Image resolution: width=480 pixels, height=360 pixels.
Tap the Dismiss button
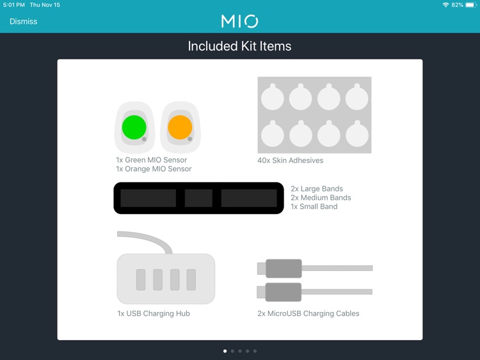click(x=23, y=21)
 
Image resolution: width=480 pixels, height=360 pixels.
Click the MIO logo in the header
click(x=240, y=21)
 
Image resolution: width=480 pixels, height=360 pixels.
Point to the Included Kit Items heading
click(x=239, y=46)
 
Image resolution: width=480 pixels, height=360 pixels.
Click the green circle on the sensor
click(x=134, y=127)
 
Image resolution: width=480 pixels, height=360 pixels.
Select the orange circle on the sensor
click(x=180, y=127)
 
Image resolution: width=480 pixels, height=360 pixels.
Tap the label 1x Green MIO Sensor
click(x=151, y=160)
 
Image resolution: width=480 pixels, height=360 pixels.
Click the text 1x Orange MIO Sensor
click(x=154, y=169)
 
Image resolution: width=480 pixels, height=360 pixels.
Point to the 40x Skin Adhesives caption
click(x=290, y=160)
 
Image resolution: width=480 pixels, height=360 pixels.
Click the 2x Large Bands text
click(x=317, y=189)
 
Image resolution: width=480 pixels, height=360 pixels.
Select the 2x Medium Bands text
click(x=321, y=198)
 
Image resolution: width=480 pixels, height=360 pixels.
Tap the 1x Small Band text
click(x=314, y=206)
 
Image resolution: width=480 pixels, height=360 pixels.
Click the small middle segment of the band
click(x=198, y=198)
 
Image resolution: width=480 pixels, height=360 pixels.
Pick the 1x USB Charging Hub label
click(x=154, y=313)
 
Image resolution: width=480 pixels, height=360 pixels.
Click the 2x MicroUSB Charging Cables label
click(x=308, y=313)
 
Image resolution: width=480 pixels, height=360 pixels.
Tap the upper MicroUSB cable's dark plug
click(x=284, y=268)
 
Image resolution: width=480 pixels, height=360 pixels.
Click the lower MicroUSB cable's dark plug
click(x=284, y=292)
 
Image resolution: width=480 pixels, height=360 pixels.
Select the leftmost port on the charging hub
click(x=141, y=279)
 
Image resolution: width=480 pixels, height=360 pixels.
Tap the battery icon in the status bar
click(x=471, y=5)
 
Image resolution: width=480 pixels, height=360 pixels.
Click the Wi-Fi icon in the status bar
click(x=445, y=5)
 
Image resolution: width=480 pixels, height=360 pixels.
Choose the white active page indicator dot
click(x=225, y=351)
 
